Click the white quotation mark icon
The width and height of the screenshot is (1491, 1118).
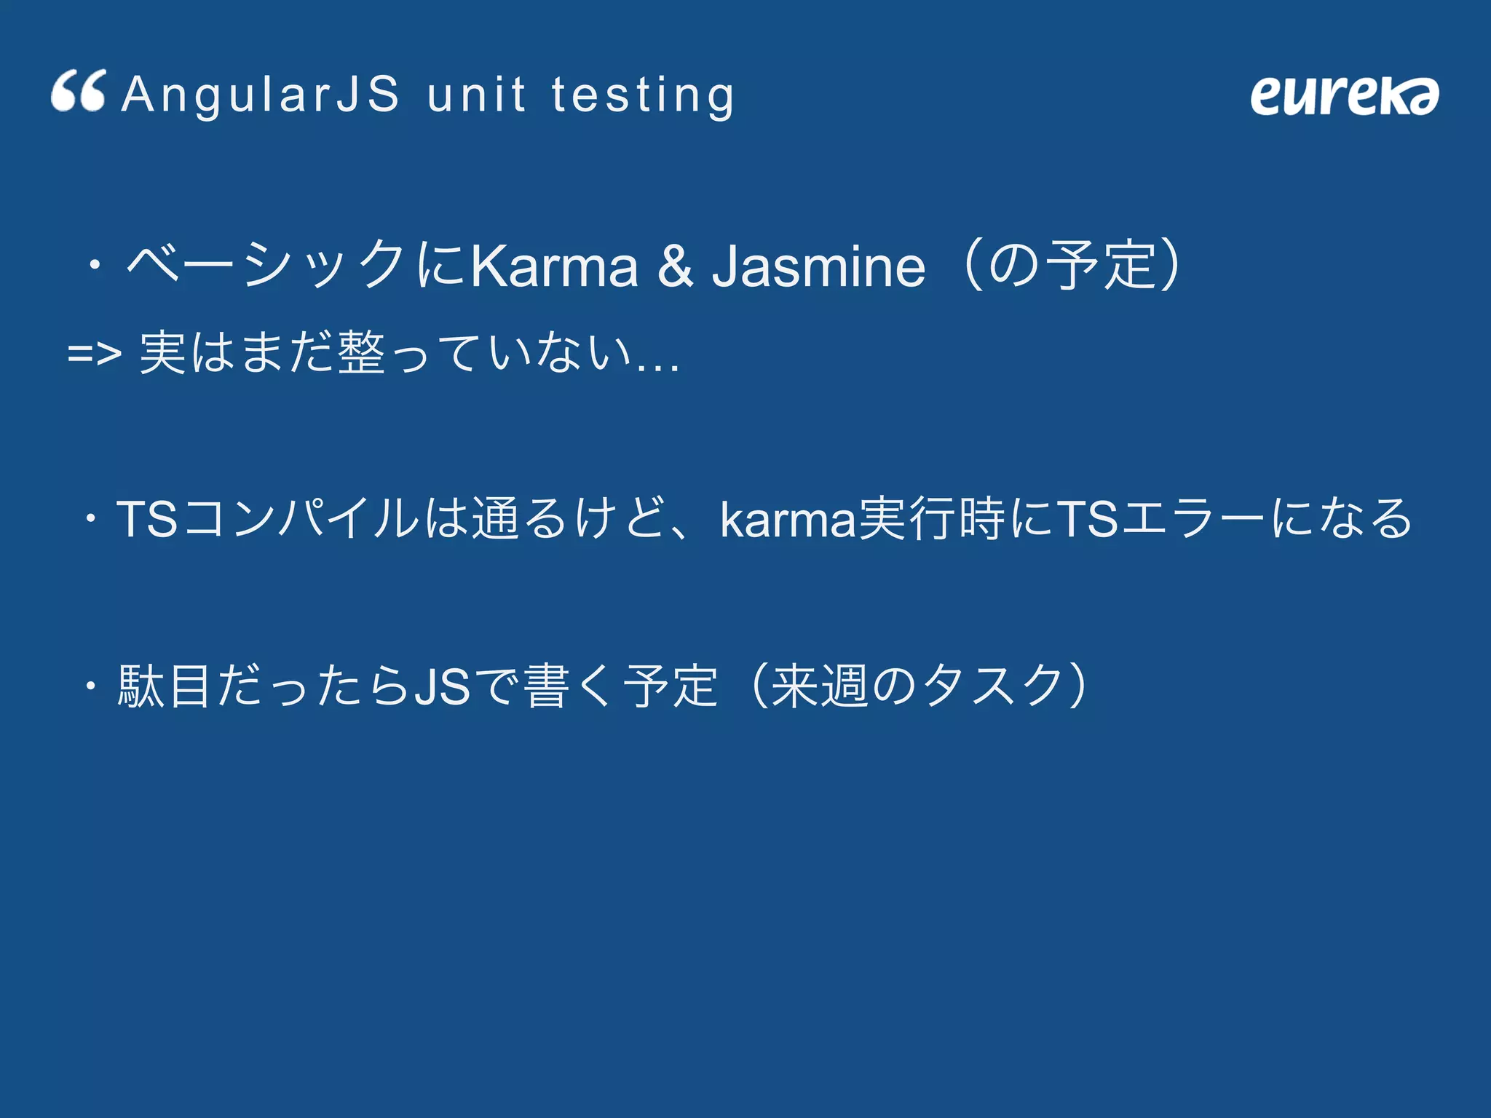(x=79, y=91)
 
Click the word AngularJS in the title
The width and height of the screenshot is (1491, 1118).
(x=261, y=95)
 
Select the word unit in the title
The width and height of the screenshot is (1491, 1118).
(x=476, y=95)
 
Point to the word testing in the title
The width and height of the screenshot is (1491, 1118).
(x=643, y=96)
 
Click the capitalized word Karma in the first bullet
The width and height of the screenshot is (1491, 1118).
(x=555, y=266)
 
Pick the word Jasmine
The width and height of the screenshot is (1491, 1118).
(x=818, y=266)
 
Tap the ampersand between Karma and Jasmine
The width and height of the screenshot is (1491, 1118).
(x=676, y=266)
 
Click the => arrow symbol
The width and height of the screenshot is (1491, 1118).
(x=94, y=354)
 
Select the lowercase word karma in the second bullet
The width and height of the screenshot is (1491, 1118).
(x=788, y=519)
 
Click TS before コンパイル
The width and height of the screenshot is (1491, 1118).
(x=147, y=519)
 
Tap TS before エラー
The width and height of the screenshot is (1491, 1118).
(x=1087, y=519)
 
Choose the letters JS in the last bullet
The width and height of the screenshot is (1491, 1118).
(x=442, y=686)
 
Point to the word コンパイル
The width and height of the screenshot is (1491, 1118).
(x=300, y=519)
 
